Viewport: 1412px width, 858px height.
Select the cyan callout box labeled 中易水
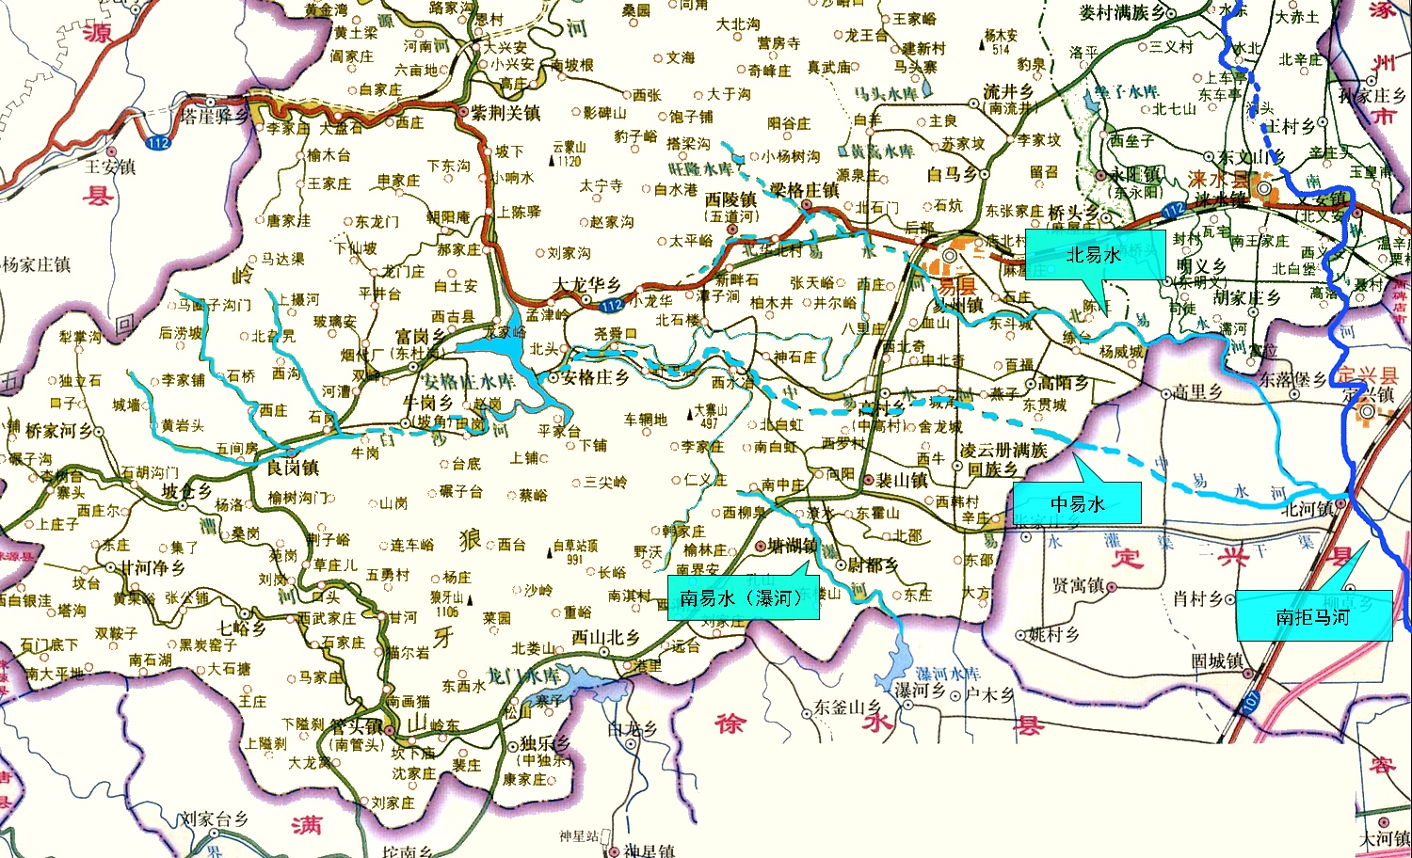click(1077, 504)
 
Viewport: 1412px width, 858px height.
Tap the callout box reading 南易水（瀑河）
click(743, 598)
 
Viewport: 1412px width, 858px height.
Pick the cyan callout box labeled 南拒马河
click(1313, 616)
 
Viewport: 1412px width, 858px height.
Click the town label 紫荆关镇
click(505, 113)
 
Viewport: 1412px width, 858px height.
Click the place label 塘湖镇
click(792, 547)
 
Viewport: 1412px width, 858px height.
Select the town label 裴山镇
click(902, 480)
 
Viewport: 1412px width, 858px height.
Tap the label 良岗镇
click(293, 468)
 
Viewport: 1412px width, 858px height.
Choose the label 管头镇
click(355, 727)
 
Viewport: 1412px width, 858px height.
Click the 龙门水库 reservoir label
click(522, 675)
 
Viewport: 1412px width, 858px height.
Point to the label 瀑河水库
click(948, 674)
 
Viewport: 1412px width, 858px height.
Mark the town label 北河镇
click(1308, 509)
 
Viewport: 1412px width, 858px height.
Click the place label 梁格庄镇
click(804, 190)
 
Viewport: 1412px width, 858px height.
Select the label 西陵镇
click(730, 199)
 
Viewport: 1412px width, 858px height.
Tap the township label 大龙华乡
click(586, 284)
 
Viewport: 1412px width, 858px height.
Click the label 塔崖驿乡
click(215, 116)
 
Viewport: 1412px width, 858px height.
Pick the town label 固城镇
click(1216, 661)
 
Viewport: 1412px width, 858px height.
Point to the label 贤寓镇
click(1077, 586)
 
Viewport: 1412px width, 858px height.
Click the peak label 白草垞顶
click(575, 546)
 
